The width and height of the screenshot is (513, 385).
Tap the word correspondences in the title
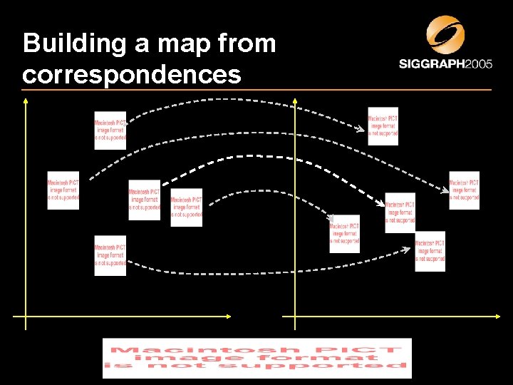pyautogui.click(x=131, y=74)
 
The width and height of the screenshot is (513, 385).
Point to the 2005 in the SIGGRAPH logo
pyautogui.click(x=478, y=64)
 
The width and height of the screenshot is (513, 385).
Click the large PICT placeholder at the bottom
pyautogui.click(x=256, y=358)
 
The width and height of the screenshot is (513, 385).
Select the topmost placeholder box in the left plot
pyautogui.click(x=110, y=130)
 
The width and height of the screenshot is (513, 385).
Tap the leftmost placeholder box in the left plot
pyautogui.click(x=63, y=190)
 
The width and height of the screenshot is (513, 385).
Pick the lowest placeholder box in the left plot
pyautogui.click(x=110, y=255)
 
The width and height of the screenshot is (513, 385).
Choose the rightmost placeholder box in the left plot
pyautogui.click(x=187, y=207)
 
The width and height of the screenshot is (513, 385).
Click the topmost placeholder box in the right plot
pyautogui.click(x=383, y=126)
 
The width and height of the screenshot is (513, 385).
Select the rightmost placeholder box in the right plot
pyautogui.click(x=465, y=190)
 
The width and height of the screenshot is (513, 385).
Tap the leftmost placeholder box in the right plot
pyautogui.click(x=345, y=234)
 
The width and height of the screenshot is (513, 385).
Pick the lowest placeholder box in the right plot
pyautogui.click(x=430, y=251)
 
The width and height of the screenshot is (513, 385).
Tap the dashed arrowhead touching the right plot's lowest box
pyautogui.click(x=411, y=250)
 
